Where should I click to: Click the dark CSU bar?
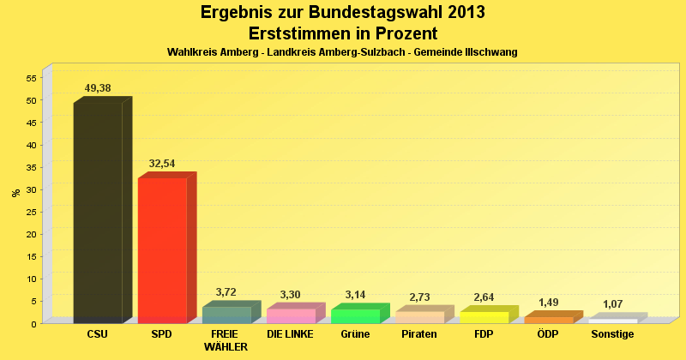[98, 213]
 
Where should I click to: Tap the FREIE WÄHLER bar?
[226, 315]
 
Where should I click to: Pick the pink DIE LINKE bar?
[291, 315]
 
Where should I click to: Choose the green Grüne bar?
[355, 315]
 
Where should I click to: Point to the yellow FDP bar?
[484, 317]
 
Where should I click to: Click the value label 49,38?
[98, 88]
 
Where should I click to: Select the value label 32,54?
[162, 163]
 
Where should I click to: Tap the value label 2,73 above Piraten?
[420, 297]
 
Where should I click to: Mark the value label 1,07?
[613, 304]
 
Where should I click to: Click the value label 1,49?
[549, 303]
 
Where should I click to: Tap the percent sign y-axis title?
[15, 193]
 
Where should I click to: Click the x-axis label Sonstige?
[612, 334]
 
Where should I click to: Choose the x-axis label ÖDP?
[548, 334]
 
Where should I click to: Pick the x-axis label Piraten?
[419, 334]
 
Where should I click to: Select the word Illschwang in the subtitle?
[490, 52]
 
